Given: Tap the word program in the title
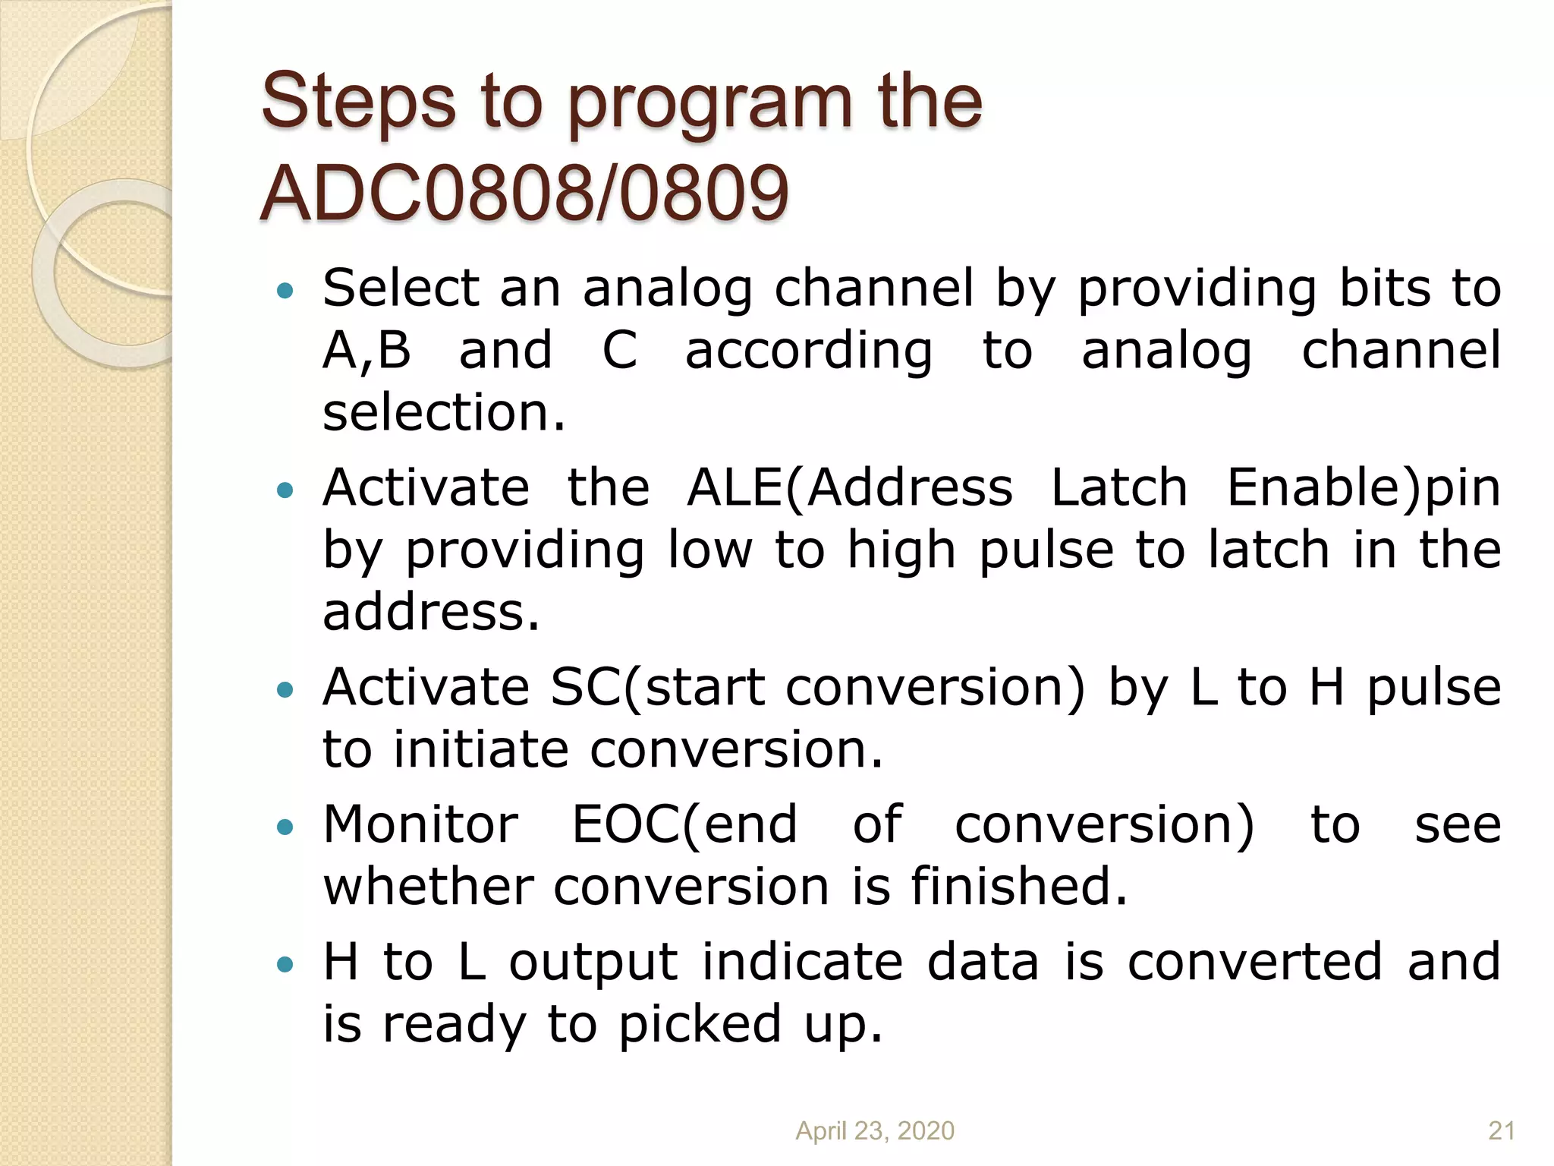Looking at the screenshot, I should (709, 106).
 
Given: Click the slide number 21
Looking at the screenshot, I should (1501, 1131).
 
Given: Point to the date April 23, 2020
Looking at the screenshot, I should (874, 1131).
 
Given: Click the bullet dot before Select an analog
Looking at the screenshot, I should (285, 290).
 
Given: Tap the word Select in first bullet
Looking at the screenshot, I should (401, 288).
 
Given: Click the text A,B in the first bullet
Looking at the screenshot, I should (366, 351).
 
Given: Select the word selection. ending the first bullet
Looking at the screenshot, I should (444, 413).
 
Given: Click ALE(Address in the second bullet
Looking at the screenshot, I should (849, 487).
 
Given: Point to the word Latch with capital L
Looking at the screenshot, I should (1118, 487).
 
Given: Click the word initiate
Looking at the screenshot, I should (480, 750).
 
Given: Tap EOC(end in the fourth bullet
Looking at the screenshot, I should (684, 825).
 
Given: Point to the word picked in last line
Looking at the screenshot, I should (700, 1026).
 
